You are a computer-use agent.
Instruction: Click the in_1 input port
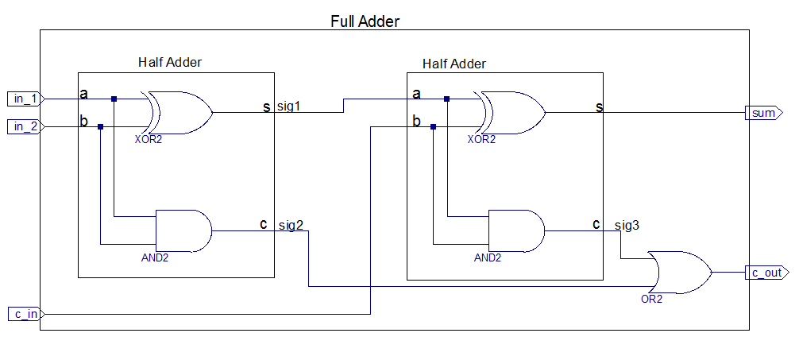tap(25, 99)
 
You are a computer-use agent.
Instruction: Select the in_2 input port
tap(25, 126)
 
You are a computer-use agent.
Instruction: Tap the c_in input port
tap(25, 314)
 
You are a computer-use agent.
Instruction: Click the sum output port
tap(763, 113)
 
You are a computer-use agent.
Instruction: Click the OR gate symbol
tap(679, 272)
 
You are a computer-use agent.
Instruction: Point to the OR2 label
tap(651, 300)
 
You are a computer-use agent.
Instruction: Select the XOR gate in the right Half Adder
tap(512, 112)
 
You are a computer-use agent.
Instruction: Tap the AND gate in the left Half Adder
tap(183, 230)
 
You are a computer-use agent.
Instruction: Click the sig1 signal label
tap(288, 106)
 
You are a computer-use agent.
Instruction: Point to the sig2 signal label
tap(291, 225)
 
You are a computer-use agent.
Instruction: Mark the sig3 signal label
tap(627, 225)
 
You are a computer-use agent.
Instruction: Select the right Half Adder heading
tap(454, 64)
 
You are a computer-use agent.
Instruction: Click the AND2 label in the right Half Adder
tap(488, 257)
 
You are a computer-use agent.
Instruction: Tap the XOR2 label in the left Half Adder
tap(149, 139)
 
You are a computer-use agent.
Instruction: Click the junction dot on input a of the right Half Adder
tap(447, 99)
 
